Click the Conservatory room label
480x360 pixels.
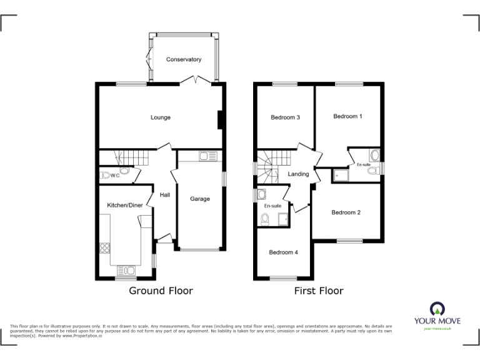tap(184, 59)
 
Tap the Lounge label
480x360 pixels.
tap(160, 117)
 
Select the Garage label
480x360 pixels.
tap(200, 199)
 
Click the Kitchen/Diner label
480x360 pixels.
tap(124, 205)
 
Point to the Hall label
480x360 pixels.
tap(165, 195)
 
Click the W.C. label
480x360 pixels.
tap(116, 176)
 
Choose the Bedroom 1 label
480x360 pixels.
tap(347, 116)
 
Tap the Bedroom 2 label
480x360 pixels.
tap(346, 212)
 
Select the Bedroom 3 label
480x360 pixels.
tap(285, 117)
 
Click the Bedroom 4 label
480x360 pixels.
tap(283, 252)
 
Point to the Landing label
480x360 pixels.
tap(298, 174)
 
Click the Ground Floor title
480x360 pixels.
tap(161, 291)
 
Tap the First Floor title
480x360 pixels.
tap(319, 291)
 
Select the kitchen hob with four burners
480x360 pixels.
tap(104, 246)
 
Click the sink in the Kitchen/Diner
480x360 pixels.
tap(127, 270)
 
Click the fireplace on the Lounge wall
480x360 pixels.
tap(219, 119)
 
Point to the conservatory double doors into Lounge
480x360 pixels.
tap(196, 80)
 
